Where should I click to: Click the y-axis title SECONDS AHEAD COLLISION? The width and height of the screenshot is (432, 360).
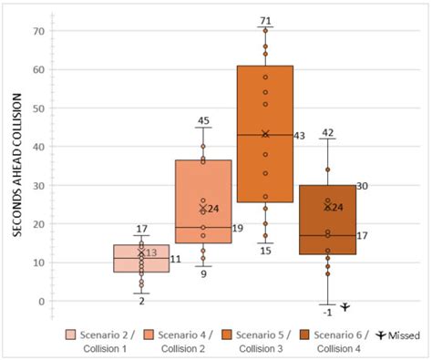(18, 161)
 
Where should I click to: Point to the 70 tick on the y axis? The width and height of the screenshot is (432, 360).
(39, 31)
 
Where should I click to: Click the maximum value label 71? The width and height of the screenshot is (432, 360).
(265, 19)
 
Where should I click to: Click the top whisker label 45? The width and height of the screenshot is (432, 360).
(202, 120)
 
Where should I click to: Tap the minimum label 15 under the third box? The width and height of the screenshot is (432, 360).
(265, 251)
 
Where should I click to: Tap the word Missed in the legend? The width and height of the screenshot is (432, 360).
(406, 334)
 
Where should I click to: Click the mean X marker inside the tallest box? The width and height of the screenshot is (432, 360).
(265, 134)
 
